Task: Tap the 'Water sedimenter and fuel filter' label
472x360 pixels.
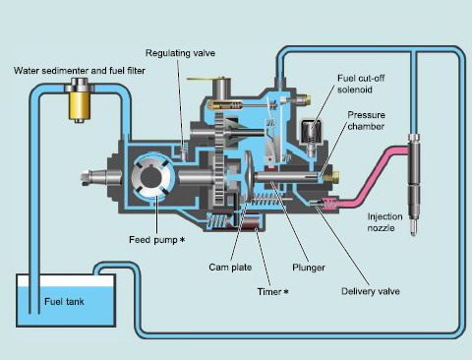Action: [x=67, y=71]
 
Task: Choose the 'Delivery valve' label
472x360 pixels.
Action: [x=343, y=290]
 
